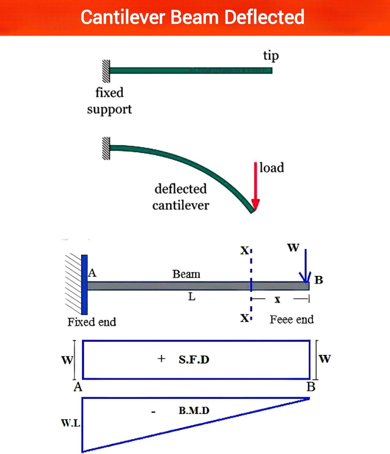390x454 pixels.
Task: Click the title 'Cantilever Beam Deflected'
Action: (192, 17)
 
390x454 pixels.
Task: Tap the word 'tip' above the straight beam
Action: (271, 56)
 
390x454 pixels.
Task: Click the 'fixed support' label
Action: (109, 101)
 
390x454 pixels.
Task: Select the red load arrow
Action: (255, 187)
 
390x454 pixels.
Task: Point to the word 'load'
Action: (272, 168)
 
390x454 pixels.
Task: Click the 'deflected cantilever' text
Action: (181, 197)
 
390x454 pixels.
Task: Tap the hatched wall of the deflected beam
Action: (106, 148)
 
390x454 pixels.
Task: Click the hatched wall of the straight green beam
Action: (106, 71)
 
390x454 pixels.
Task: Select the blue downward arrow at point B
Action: (305, 266)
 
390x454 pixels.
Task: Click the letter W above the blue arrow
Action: (293, 247)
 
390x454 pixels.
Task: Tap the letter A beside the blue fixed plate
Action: (92, 273)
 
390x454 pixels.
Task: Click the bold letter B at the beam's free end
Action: (319, 280)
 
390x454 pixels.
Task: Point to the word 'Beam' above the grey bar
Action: (186, 274)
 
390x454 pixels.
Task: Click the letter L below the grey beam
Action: (192, 296)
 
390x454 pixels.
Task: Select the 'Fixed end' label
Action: (92, 322)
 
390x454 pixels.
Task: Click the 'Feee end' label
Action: (292, 319)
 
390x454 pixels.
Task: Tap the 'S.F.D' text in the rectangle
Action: (194, 359)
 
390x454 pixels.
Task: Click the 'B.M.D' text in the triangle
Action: (194, 410)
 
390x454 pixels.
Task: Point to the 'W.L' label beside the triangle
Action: (71, 423)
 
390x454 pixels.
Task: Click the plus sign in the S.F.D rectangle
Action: (161, 359)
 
